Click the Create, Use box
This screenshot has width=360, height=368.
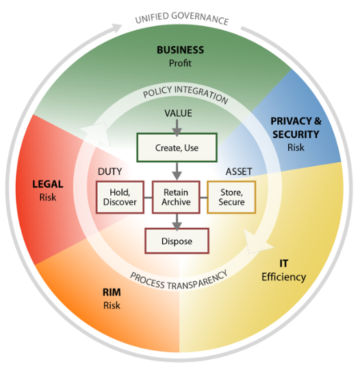177,146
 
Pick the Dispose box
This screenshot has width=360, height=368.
177,241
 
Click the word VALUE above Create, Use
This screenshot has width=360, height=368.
177,113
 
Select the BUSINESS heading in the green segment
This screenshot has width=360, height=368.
180,50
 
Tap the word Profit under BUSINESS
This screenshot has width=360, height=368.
180,64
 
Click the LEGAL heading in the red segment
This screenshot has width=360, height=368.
48,184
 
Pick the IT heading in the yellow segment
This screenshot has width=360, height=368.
283,263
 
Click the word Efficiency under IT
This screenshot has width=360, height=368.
283,277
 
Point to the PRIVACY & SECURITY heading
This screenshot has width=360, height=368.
295,128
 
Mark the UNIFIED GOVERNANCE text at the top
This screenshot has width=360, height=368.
181,18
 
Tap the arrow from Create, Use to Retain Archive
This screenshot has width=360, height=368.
177,170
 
